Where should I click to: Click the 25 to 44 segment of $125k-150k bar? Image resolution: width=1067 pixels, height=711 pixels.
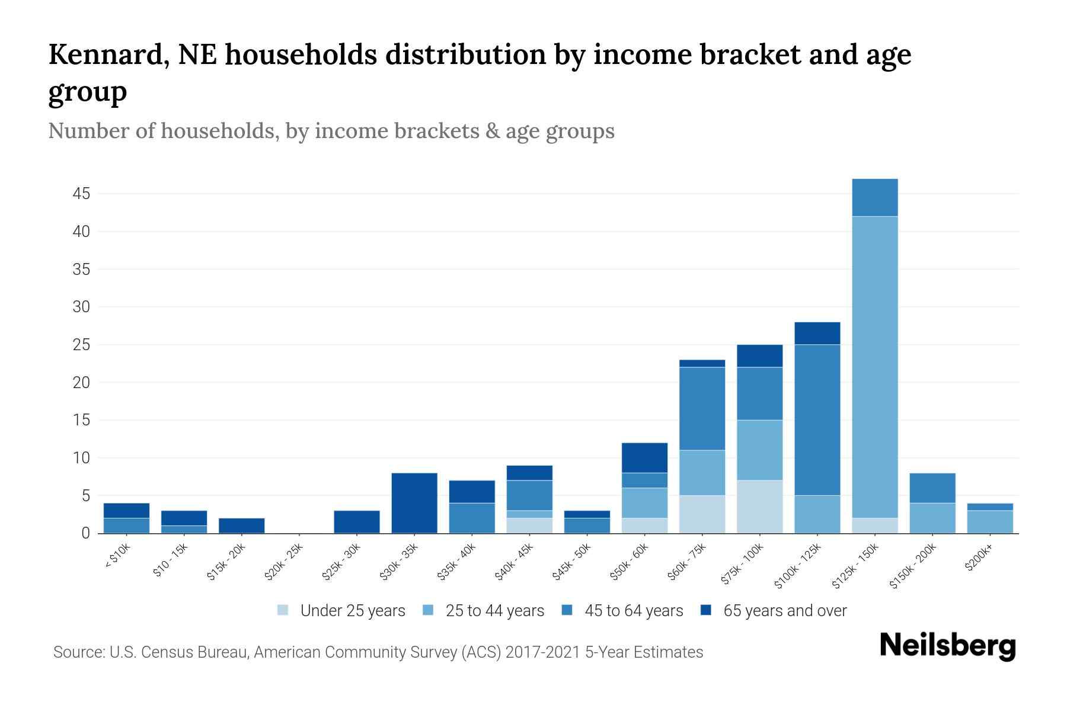[x=875, y=367]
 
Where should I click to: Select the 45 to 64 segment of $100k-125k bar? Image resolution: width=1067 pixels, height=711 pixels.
[x=817, y=419]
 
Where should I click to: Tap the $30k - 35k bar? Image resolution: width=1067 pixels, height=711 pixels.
[x=414, y=503]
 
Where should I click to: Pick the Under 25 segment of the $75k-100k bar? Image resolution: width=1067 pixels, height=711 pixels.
[x=760, y=507]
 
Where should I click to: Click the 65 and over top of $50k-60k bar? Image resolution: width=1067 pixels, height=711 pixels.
[x=645, y=457]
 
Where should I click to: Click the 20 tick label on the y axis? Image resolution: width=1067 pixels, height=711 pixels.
[x=82, y=383]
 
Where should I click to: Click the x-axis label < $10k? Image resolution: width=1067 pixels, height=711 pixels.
[x=118, y=556]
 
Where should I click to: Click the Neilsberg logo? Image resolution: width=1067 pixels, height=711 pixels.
[x=948, y=646]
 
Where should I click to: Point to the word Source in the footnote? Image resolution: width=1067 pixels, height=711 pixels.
[x=78, y=652]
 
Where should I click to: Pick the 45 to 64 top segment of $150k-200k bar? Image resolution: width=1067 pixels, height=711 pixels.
[x=932, y=488]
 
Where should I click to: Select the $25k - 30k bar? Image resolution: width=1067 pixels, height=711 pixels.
[x=357, y=522]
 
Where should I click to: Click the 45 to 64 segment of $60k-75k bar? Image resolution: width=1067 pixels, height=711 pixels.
[x=702, y=409]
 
